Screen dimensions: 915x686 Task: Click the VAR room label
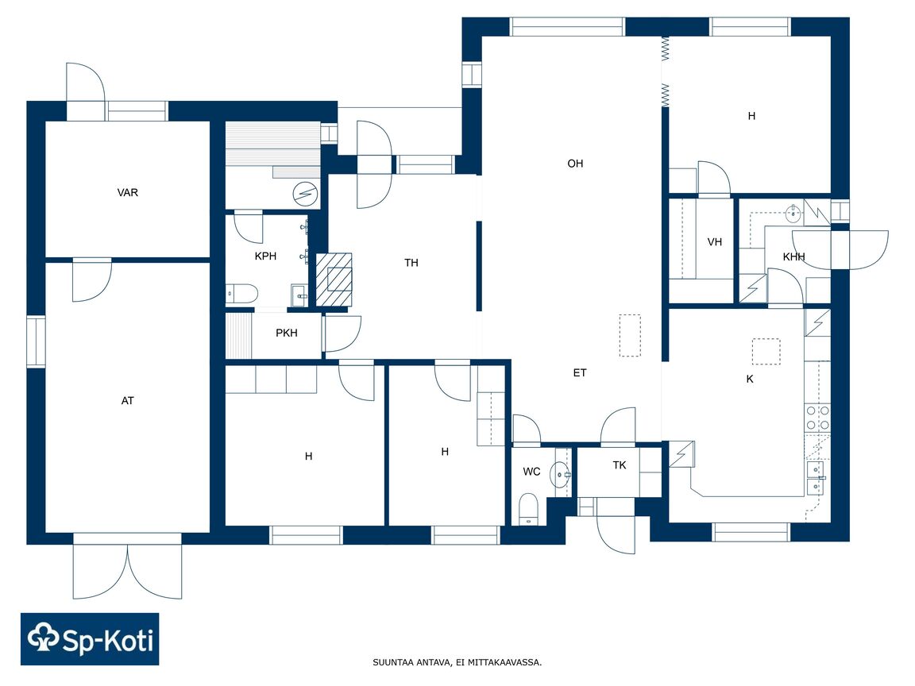[127, 192]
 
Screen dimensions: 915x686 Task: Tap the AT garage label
[127, 401]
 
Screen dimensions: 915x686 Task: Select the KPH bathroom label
[265, 256]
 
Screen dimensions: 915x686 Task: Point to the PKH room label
[287, 333]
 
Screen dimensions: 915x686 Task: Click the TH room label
[411, 263]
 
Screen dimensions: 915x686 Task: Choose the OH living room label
[575, 164]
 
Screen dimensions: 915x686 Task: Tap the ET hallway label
[580, 372]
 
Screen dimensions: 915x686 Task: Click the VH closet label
[714, 242]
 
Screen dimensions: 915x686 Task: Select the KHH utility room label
[793, 257]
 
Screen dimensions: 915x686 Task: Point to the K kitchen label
[750, 380]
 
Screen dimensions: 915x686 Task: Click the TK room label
[620, 465]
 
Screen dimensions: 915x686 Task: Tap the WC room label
[531, 472]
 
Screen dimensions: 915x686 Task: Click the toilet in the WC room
[528, 509]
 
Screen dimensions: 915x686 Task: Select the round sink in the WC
[560, 475]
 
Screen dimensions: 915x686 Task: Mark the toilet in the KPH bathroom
[241, 294]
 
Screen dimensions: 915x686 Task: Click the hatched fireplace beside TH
[334, 279]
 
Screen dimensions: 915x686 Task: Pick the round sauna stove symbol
[305, 193]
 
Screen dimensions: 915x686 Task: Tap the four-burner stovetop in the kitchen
[817, 418]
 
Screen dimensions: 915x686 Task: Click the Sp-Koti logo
[90, 639]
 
